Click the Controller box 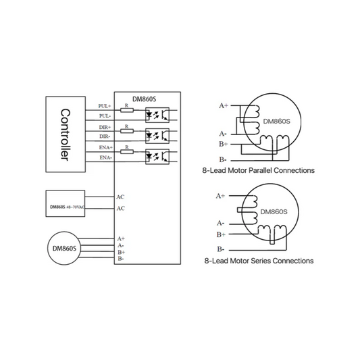click(66, 134)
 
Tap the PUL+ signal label click(105, 106)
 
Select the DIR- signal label click(105, 136)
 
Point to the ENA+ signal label click(105, 147)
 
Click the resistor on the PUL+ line click(127, 111)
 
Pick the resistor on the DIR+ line click(127, 131)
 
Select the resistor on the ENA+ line click(127, 152)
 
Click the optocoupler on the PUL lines click(157, 115)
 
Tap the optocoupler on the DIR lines click(157, 136)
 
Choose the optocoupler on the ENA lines click(157, 157)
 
